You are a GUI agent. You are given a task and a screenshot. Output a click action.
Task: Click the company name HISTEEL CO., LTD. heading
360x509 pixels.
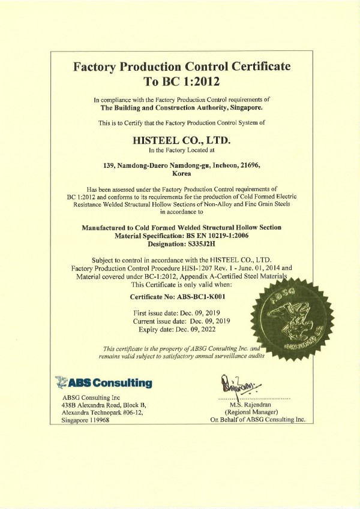coord(181,140)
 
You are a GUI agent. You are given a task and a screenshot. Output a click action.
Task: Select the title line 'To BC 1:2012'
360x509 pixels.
coord(181,80)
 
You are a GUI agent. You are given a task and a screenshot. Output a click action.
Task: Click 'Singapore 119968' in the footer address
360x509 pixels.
coord(91,421)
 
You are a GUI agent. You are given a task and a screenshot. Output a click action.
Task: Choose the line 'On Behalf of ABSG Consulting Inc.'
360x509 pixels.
coord(258,420)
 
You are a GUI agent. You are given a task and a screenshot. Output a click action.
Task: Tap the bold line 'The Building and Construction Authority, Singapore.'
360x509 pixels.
coord(181,108)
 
